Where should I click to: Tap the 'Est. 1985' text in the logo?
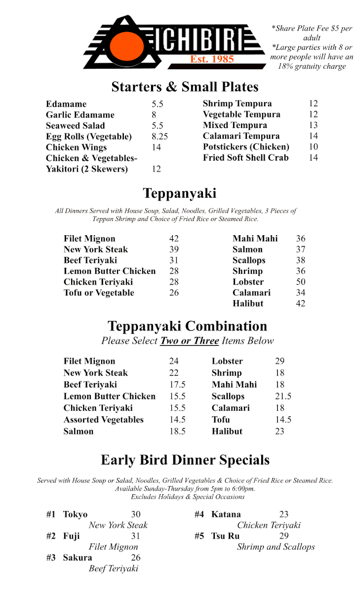point(212,59)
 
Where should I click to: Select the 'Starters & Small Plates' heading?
point(185,87)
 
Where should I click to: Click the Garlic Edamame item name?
point(80,115)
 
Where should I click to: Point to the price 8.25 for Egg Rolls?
point(160,136)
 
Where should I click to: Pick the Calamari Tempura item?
point(241,136)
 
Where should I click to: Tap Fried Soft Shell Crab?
point(245,158)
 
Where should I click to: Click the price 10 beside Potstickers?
point(313,147)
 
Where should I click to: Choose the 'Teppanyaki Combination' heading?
point(187,326)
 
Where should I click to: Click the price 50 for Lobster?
point(300,282)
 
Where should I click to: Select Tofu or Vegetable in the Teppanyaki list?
point(99,293)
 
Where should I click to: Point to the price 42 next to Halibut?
point(300,303)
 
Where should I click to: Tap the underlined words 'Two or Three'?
point(189,340)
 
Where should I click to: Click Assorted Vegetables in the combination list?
point(103,420)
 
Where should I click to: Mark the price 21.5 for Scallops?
point(283,396)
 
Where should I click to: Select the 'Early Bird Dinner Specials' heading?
point(185,460)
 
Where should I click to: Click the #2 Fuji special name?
point(71,536)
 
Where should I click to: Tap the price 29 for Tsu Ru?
point(283,536)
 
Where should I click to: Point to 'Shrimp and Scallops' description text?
point(276,547)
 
